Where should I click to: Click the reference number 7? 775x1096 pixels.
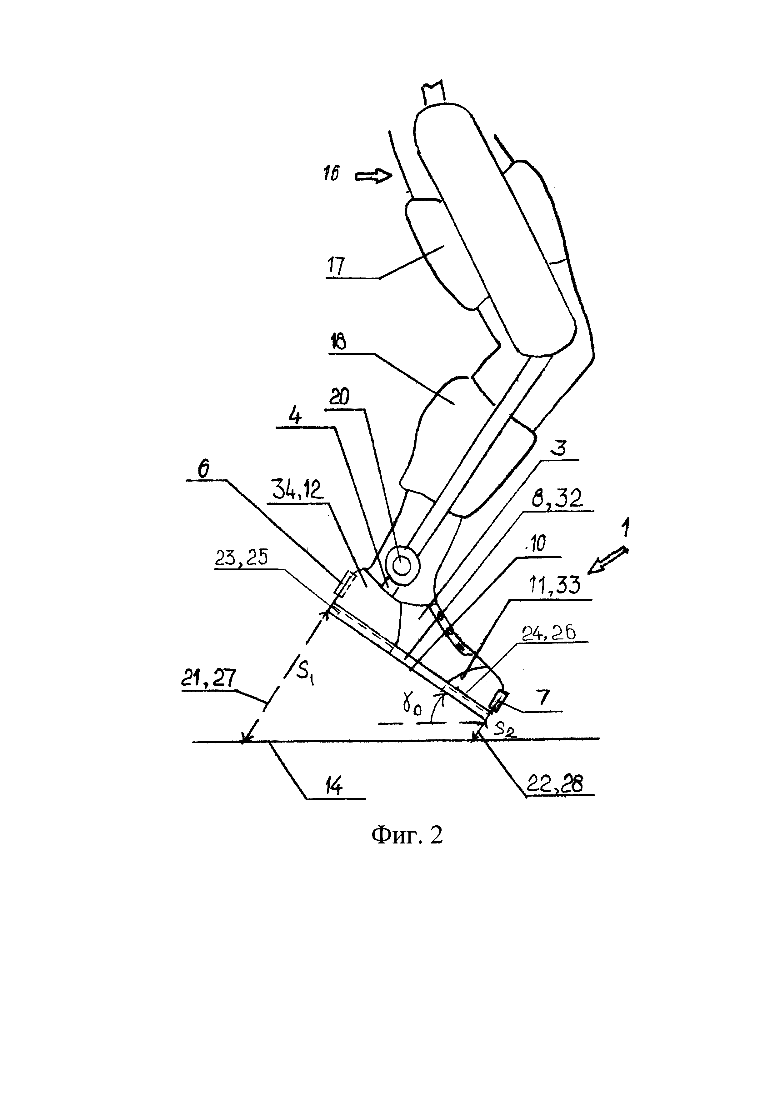pyautogui.click(x=545, y=698)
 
